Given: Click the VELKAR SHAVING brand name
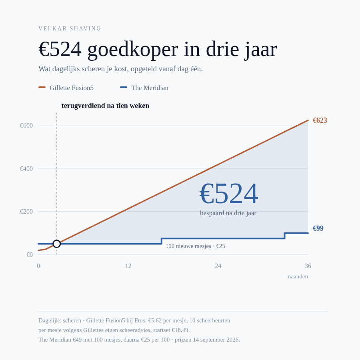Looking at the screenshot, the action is (70, 28).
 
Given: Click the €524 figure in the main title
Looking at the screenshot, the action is (60, 49).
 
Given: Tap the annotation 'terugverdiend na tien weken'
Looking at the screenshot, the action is (105, 106).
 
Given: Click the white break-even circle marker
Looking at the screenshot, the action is (57, 244).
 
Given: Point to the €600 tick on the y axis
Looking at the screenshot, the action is (26, 125).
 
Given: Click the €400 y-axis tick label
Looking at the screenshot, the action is (26, 168).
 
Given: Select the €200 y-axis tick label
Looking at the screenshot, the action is (26, 212).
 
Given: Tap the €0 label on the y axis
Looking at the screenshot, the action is (30, 255).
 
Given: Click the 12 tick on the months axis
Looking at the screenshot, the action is (128, 266).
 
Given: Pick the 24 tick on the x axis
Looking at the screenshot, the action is (218, 266).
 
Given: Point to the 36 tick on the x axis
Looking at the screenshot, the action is (308, 266).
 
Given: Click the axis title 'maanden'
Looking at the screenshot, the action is (297, 276).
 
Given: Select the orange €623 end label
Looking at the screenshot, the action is (320, 120).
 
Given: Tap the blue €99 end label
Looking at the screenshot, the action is (318, 228).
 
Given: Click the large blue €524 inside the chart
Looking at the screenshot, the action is (229, 194).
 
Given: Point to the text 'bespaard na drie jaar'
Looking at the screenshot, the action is (228, 213).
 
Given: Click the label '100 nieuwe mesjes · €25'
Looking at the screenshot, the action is (195, 246).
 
